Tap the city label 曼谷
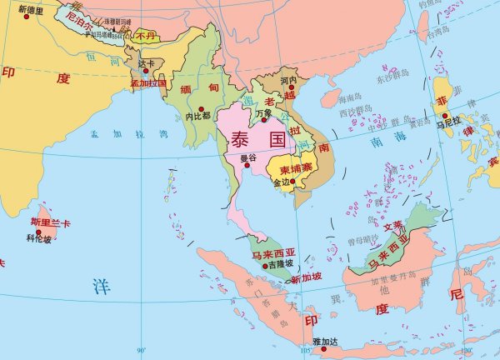coord(247,157)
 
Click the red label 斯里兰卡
coord(50,222)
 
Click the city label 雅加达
coord(326,342)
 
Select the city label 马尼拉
coord(448,124)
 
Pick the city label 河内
coord(288,81)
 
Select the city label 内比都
coord(198,116)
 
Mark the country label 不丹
coord(146,36)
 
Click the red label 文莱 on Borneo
coord(392,225)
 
